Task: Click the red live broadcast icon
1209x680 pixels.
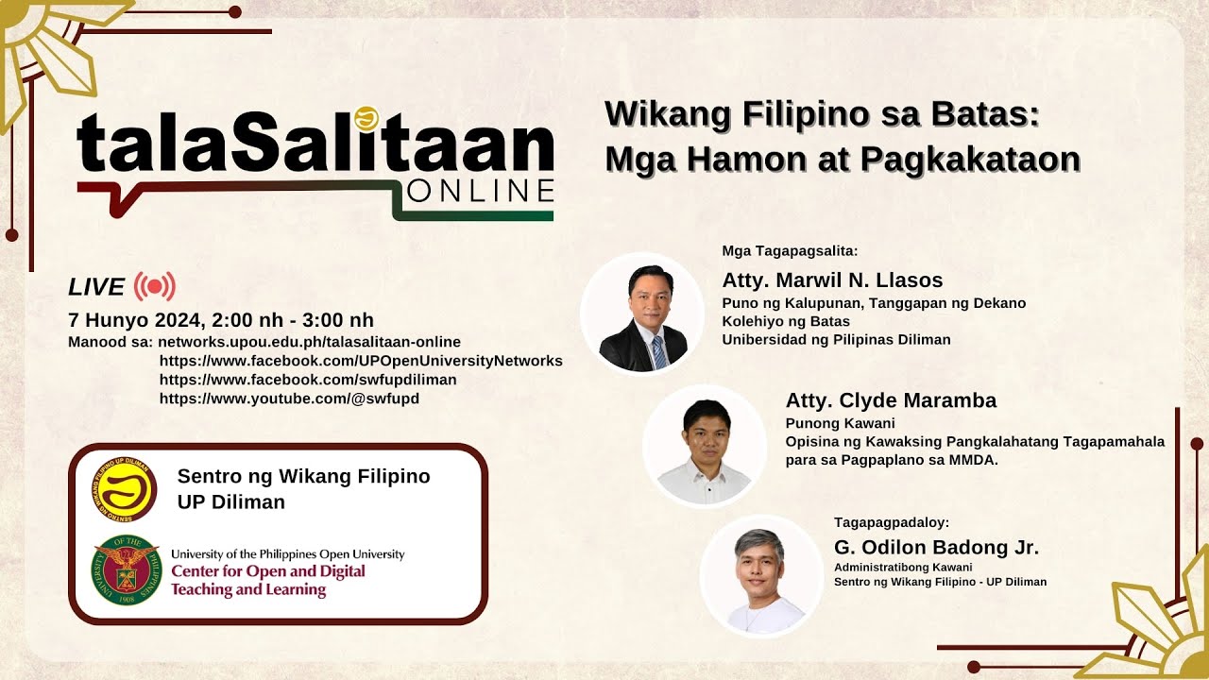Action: click(x=155, y=286)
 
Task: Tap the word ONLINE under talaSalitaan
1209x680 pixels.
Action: click(x=481, y=191)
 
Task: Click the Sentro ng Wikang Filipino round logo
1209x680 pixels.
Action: click(x=125, y=489)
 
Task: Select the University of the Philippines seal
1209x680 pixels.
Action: click(x=127, y=569)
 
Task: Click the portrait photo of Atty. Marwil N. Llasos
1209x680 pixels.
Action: click(x=642, y=314)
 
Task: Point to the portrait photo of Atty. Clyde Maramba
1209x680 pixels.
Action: click(x=705, y=446)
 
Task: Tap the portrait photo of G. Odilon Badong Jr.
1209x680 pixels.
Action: click(x=761, y=576)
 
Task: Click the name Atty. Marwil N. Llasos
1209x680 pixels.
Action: click(x=832, y=280)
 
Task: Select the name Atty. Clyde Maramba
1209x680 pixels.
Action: click(x=891, y=400)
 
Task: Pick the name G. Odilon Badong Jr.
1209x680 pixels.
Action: click(x=936, y=547)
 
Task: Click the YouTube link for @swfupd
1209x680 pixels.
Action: click(x=289, y=399)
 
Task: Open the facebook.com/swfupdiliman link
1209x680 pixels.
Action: click(x=308, y=380)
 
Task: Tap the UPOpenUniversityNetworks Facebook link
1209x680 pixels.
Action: click(x=361, y=361)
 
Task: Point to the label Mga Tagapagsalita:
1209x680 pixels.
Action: click(x=790, y=251)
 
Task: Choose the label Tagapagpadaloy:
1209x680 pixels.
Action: click(x=891, y=522)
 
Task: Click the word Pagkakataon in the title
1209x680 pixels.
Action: click(x=970, y=160)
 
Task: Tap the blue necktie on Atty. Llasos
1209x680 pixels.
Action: click(x=659, y=351)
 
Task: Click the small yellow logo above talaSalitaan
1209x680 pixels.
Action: click(x=366, y=119)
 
